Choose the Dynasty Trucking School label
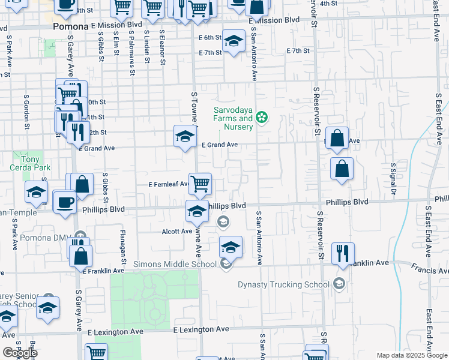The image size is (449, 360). point(283,284)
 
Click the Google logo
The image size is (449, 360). point(20,352)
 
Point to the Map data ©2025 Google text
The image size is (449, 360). point(412,355)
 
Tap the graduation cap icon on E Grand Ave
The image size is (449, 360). point(185,136)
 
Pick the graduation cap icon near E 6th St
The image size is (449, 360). point(234,41)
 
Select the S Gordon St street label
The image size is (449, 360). point(27,111)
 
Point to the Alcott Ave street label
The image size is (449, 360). point(176,230)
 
